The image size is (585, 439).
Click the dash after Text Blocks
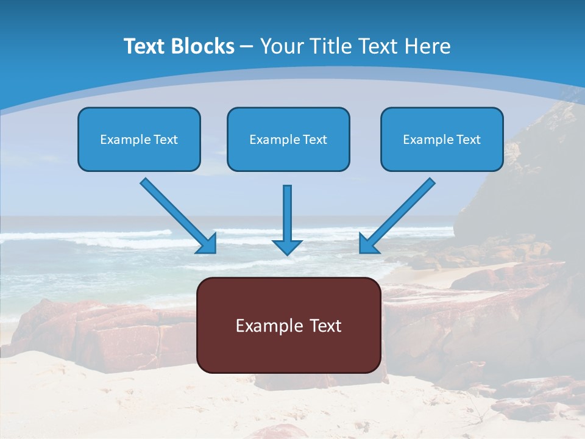[x=247, y=47]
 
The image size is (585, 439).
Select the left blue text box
[x=139, y=139]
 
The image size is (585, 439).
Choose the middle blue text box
[x=288, y=139]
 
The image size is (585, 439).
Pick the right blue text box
[x=442, y=139]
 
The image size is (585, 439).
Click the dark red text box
[x=288, y=325]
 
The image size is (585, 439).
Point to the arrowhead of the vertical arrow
[x=287, y=247]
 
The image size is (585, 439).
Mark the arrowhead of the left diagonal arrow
[x=208, y=244]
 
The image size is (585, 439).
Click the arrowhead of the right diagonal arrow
[x=367, y=244]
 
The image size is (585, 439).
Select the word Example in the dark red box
[x=268, y=326]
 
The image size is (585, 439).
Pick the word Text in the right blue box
[x=469, y=140]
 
